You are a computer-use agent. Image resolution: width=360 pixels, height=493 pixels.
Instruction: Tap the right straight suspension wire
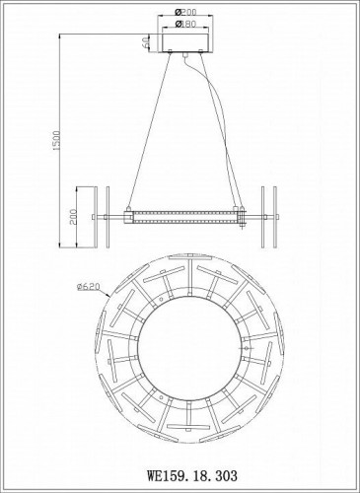(214, 128)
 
